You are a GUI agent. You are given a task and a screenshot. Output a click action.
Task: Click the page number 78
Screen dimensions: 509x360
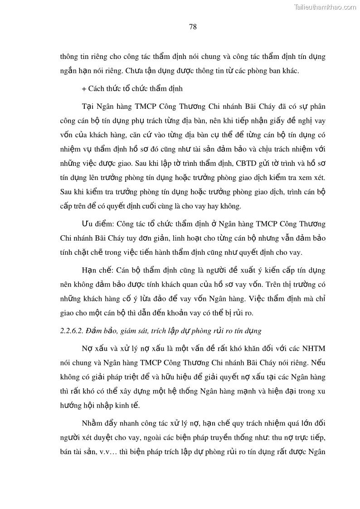[192, 27]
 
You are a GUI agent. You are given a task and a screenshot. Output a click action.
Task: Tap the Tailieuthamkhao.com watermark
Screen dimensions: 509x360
[326, 7]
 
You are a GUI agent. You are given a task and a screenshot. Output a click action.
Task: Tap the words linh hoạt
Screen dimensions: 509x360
[185, 238]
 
